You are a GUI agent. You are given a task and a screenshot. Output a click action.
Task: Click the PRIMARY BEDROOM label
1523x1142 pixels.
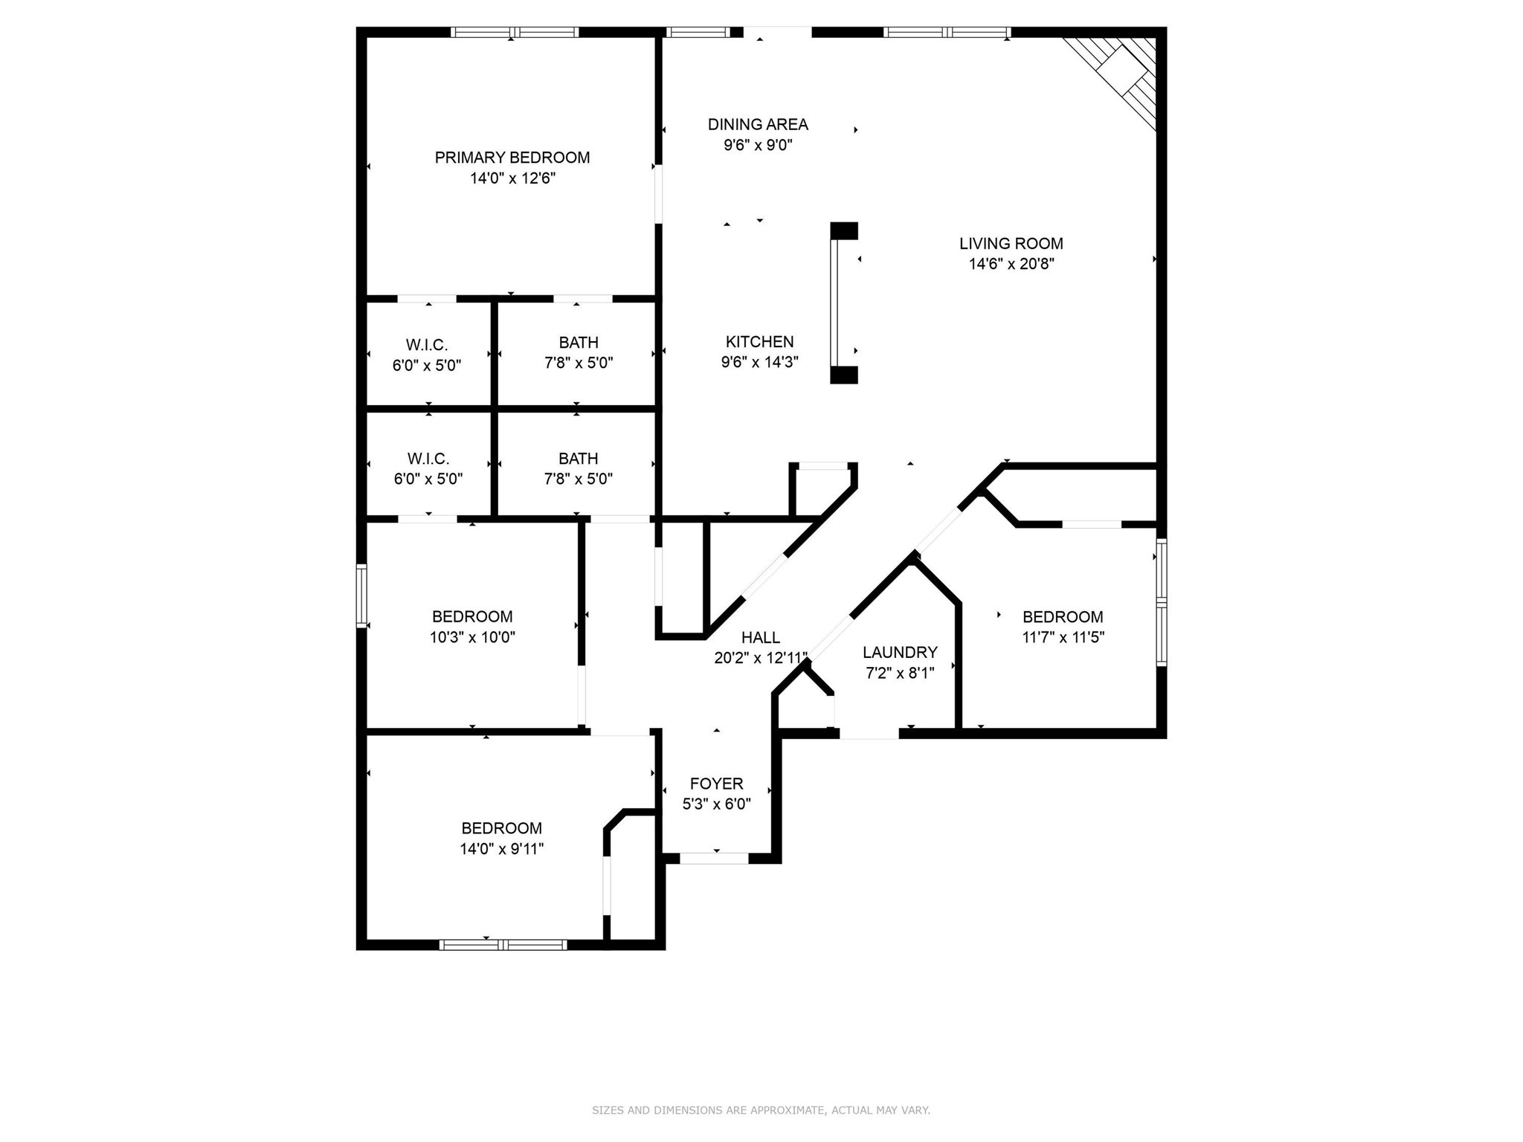pyautogui.click(x=512, y=158)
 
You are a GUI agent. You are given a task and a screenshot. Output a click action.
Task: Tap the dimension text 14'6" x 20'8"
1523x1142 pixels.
pyautogui.click(x=1011, y=264)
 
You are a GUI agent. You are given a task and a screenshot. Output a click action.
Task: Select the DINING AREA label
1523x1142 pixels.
pyautogui.click(x=758, y=124)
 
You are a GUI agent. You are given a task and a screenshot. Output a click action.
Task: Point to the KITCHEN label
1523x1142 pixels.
pyautogui.click(x=759, y=342)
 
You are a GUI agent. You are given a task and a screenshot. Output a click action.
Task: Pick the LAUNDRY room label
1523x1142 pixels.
pyautogui.click(x=900, y=653)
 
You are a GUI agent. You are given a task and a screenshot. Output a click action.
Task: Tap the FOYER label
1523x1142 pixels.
pyautogui.click(x=716, y=784)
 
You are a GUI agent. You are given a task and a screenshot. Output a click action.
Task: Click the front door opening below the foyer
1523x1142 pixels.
pyautogui.click(x=714, y=858)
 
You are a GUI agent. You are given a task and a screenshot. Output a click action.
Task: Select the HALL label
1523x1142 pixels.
pyautogui.click(x=760, y=637)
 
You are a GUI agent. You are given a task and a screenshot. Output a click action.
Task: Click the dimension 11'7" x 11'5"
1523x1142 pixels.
pyautogui.click(x=1063, y=637)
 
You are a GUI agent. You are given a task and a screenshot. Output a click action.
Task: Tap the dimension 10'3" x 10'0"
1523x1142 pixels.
pyautogui.click(x=472, y=637)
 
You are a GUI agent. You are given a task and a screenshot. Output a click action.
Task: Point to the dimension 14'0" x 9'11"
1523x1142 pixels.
pyautogui.click(x=501, y=849)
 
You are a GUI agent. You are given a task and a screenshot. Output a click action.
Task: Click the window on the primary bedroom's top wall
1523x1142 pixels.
pyautogui.click(x=515, y=32)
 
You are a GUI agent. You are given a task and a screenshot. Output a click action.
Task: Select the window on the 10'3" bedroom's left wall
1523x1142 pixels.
pyautogui.click(x=361, y=596)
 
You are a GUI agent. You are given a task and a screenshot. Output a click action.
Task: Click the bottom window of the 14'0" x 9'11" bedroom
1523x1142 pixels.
pyautogui.click(x=503, y=945)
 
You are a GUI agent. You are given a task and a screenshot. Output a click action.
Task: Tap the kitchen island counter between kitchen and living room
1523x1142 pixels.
pyautogui.click(x=843, y=303)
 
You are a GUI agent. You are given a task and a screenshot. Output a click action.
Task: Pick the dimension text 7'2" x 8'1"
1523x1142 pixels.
pyautogui.click(x=900, y=674)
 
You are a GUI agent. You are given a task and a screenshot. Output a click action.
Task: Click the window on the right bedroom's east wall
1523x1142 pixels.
pyautogui.click(x=1161, y=602)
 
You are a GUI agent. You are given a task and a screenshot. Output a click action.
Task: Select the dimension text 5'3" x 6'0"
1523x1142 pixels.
pyautogui.click(x=716, y=804)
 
